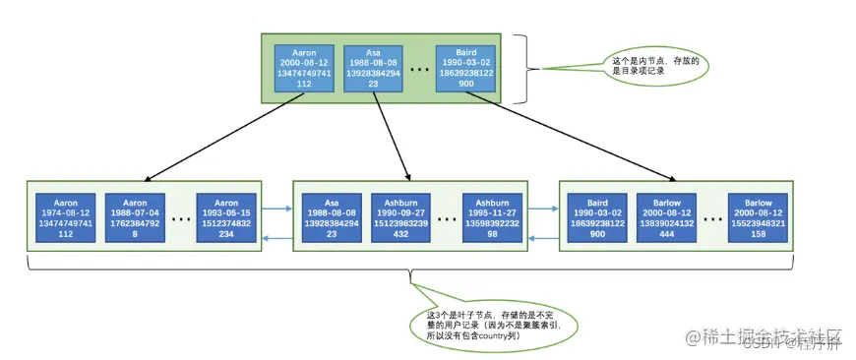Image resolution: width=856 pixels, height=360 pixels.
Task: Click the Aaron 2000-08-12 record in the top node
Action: [x=305, y=69]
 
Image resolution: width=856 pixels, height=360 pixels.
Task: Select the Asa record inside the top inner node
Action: [x=372, y=69]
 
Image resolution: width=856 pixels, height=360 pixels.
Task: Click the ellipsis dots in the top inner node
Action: [x=419, y=70]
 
